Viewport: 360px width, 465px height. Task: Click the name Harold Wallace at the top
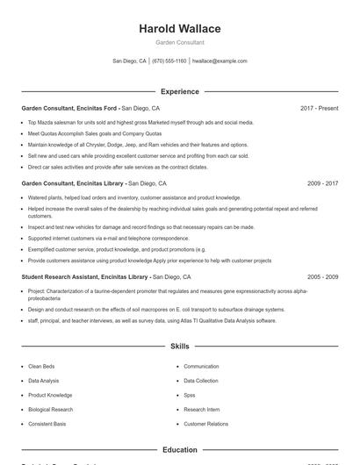coord(179,28)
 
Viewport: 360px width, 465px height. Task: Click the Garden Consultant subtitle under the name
coord(179,42)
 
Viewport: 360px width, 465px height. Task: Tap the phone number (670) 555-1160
coord(169,61)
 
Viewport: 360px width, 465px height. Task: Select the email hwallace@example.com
coord(220,61)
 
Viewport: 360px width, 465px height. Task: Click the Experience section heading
coord(179,91)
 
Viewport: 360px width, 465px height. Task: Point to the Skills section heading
coord(179,347)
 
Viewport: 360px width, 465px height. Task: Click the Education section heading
coord(179,449)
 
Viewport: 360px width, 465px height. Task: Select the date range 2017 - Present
coord(319,108)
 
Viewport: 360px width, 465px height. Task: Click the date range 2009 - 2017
coord(322,183)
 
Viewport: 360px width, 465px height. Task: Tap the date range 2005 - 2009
coord(322,276)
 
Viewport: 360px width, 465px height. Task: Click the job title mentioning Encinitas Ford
coord(69,108)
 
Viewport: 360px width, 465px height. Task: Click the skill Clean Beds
coord(41,366)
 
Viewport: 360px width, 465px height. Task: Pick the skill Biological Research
coord(50,409)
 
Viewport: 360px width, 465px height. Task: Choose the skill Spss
coord(190,395)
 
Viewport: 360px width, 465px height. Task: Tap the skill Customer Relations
coord(205,424)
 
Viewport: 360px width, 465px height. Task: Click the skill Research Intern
coord(201,409)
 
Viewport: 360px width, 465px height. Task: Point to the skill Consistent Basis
coord(47,424)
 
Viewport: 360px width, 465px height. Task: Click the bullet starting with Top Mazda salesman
coord(140,123)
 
